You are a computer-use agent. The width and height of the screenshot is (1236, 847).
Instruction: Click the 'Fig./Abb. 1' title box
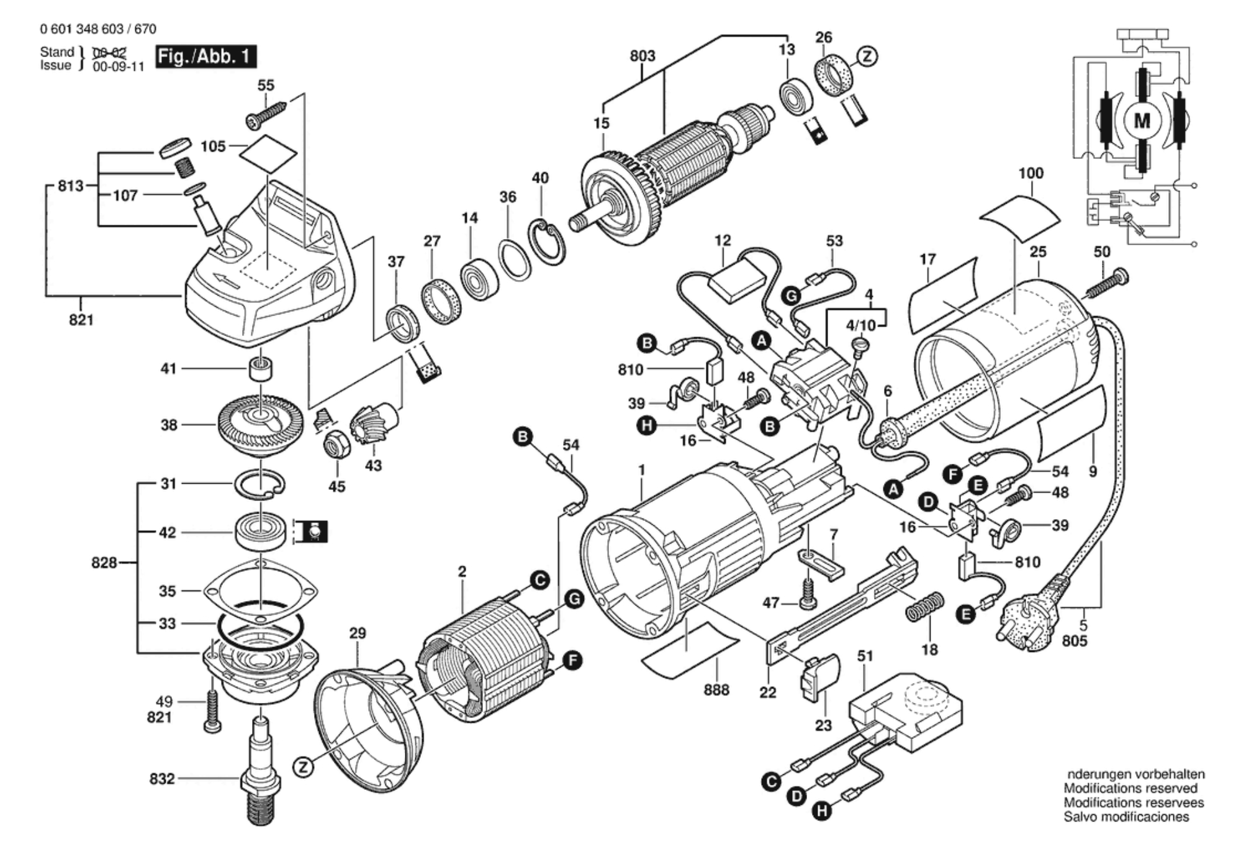[x=205, y=57]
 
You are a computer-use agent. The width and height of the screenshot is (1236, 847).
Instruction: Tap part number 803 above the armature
[x=642, y=56]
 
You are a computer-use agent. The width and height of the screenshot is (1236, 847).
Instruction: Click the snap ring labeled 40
[x=547, y=242]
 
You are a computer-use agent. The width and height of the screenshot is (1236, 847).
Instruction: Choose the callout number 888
[x=716, y=690]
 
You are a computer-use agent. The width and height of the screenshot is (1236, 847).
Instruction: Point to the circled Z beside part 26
[x=867, y=57]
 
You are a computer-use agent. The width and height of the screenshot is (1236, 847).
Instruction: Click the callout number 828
[x=104, y=563]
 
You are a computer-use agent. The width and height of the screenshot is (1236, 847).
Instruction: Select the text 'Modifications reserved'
[x=1130, y=788]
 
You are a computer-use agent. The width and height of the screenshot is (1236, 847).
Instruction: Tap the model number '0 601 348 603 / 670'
[x=98, y=29]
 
